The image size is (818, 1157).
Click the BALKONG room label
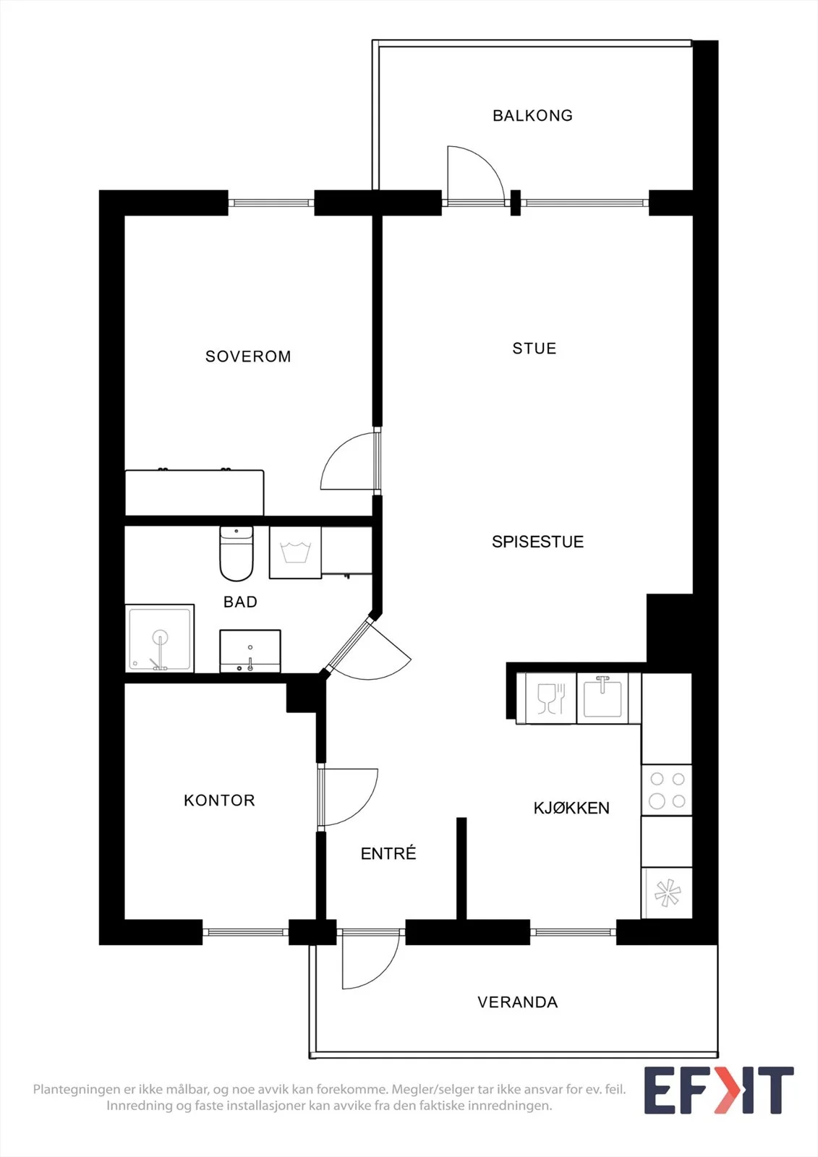pos(532,115)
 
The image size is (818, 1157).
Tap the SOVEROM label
pos(248,357)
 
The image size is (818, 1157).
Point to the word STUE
pos(534,349)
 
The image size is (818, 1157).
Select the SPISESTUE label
pos(537,542)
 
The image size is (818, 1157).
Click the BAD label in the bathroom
pos(240,602)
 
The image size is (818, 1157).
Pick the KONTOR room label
pos(219,800)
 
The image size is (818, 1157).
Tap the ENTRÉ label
pos(388,854)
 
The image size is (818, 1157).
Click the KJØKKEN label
pos(571,808)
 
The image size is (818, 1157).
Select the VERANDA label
pos(517,1002)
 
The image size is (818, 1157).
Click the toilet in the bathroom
pos(237,554)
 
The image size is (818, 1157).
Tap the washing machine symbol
pos(295,552)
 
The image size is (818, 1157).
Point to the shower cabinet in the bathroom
pos(160,639)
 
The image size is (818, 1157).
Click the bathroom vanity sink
pos(250,652)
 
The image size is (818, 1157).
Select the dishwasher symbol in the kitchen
pos(547,699)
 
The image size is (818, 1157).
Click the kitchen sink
pos(602,699)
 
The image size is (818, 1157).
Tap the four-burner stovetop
pos(667,790)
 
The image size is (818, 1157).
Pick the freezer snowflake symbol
pos(667,892)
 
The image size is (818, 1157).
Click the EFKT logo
pos(718,1090)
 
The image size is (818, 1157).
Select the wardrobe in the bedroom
pos(195,492)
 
